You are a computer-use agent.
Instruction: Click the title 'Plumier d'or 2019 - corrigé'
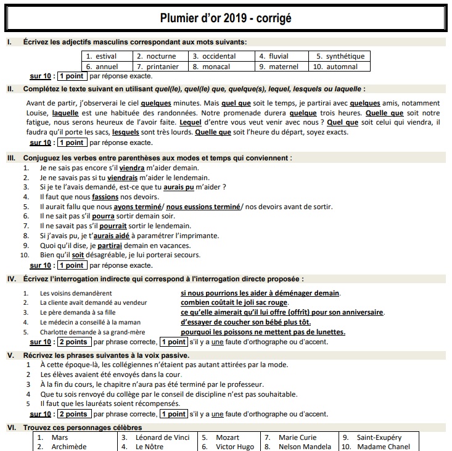coord(226,17)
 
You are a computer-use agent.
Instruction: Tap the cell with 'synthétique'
coord(340,56)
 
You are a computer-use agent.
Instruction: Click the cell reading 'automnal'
coord(340,67)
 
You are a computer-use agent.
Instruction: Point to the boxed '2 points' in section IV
coord(73,342)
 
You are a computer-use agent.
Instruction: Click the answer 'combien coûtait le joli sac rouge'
coord(234,302)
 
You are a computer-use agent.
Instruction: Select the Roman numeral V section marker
coord(10,355)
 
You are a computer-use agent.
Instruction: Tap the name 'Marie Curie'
coord(297,437)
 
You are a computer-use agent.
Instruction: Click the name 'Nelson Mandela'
coord(303,447)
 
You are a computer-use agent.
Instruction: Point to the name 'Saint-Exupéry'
coord(379,437)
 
